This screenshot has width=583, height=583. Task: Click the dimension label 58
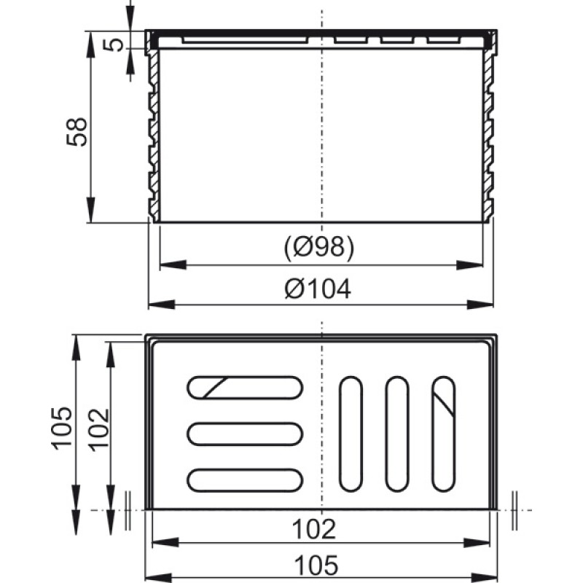click(77, 132)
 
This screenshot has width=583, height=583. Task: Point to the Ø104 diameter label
click(318, 289)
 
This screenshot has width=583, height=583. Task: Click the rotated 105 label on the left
click(62, 429)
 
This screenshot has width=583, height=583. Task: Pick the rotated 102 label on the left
click(99, 430)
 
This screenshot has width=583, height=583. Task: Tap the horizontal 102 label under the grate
click(314, 529)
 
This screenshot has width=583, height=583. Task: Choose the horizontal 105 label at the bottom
click(316, 566)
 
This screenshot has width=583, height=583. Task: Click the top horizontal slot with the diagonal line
click(245, 388)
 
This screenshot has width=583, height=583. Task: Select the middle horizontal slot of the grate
click(245, 434)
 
